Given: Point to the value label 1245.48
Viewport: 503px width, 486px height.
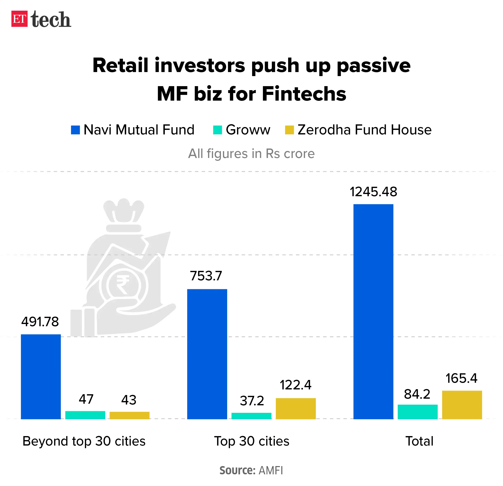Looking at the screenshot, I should [373, 192].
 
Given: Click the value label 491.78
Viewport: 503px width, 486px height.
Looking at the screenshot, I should [40, 322].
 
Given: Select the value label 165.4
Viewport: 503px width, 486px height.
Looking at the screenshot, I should [461, 378].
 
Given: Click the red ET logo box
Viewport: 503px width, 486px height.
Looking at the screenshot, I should [19, 19].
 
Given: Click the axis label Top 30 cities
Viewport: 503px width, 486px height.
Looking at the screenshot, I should [252, 441].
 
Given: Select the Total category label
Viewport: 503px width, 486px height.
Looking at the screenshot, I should [419, 441].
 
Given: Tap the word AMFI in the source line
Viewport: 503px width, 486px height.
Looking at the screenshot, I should [271, 470].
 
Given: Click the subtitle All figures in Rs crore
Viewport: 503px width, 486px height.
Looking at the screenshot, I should [251, 154].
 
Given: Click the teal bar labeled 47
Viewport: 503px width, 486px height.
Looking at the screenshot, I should [85, 415].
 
